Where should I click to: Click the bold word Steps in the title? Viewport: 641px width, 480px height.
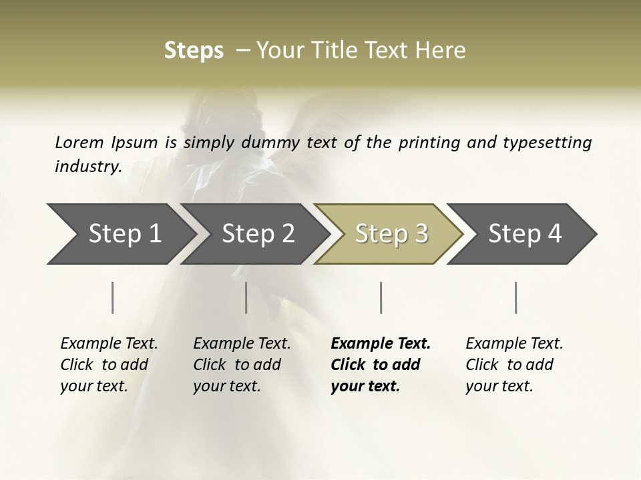click(x=194, y=51)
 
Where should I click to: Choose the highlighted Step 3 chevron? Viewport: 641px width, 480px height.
click(x=391, y=233)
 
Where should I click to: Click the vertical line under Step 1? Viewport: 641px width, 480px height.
click(x=113, y=297)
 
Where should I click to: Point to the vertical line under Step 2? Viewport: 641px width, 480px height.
click(x=246, y=297)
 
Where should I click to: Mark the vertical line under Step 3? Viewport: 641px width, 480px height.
click(x=381, y=297)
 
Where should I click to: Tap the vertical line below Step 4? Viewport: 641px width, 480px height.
click(x=516, y=297)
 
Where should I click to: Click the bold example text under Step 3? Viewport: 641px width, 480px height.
click(x=379, y=365)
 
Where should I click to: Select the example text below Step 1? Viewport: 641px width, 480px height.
click(x=108, y=365)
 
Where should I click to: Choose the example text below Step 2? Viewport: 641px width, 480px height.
click(x=241, y=365)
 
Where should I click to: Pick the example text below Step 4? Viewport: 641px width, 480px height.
click(x=513, y=365)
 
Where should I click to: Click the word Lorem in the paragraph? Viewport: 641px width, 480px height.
click(x=79, y=142)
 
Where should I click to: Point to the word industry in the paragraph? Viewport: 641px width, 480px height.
click(x=87, y=167)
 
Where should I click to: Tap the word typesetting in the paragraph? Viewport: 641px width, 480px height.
click(x=552, y=142)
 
